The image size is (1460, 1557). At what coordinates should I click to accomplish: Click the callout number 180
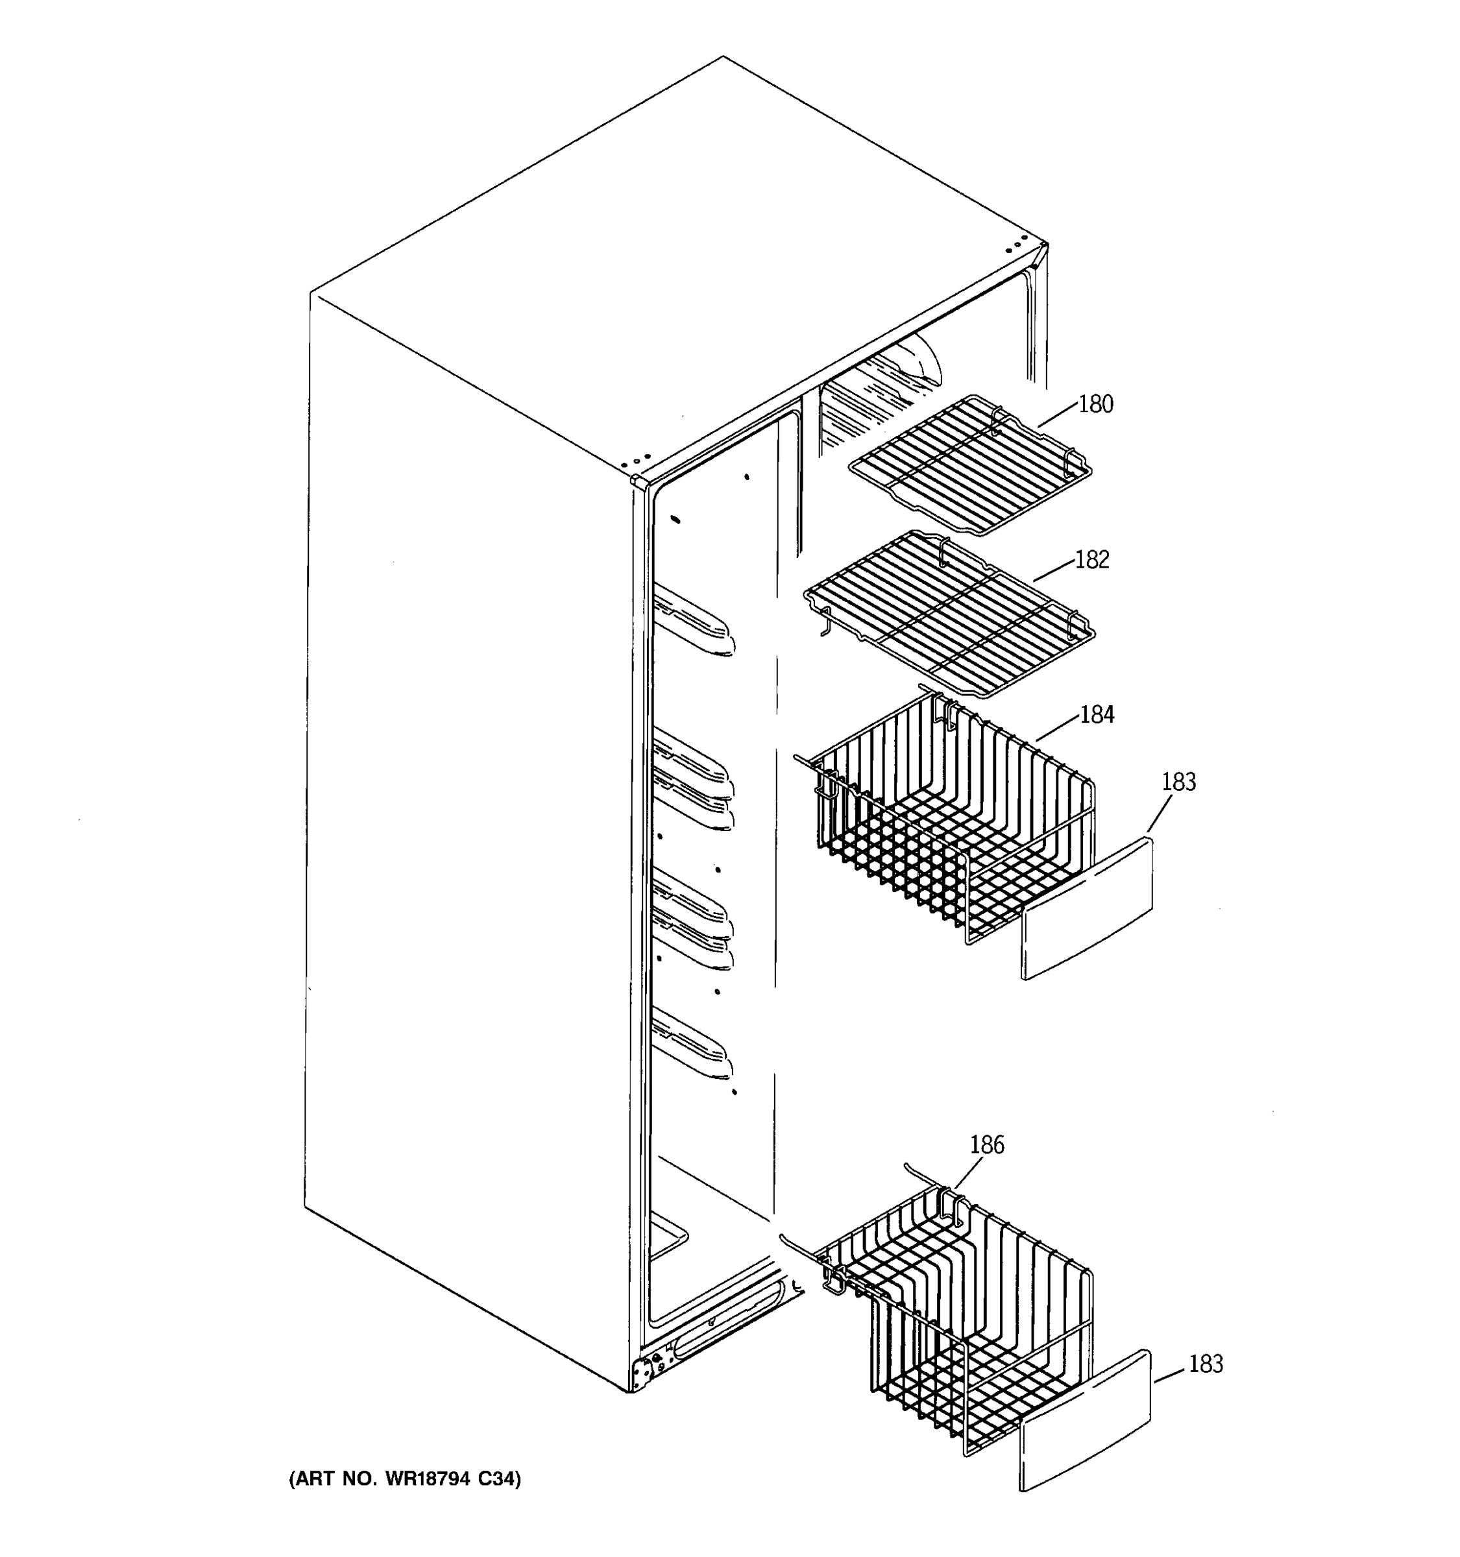(x=1095, y=404)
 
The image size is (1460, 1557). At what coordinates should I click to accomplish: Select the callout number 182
(x=1092, y=560)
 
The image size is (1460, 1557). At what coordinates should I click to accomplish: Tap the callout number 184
(x=1097, y=715)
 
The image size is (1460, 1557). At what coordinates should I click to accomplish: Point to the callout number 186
(x=986, y=1145)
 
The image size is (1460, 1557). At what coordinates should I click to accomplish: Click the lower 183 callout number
(x=1206, y=1364)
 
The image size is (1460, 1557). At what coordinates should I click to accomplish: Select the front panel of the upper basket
(x=1088, y=908)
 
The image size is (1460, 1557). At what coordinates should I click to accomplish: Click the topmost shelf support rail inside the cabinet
(x=694, y=622)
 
